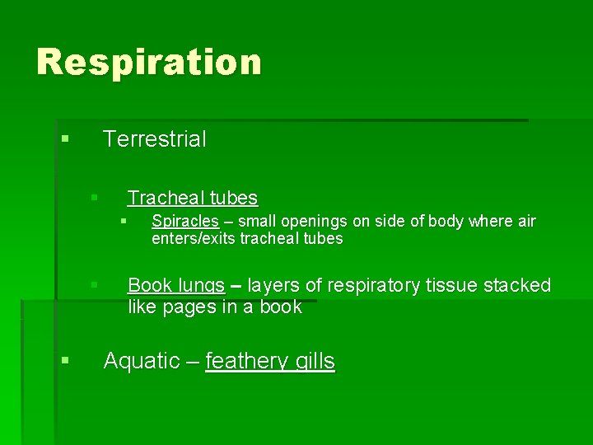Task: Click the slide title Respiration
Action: click(x=149, y=63)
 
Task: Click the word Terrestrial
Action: click(x=155, y=139)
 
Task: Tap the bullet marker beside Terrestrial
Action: click(x=64, y=138)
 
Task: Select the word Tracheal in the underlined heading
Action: click(x=166, y=198)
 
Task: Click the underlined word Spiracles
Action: click(x=184, y=222)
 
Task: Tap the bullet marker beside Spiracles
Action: click(x=123, y=221)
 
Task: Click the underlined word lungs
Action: click(x=201, y=286)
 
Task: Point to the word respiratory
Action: click(x=376, y=286)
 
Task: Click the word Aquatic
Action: click(x=141, y=361)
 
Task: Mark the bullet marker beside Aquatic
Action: click(x=64, y=360)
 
